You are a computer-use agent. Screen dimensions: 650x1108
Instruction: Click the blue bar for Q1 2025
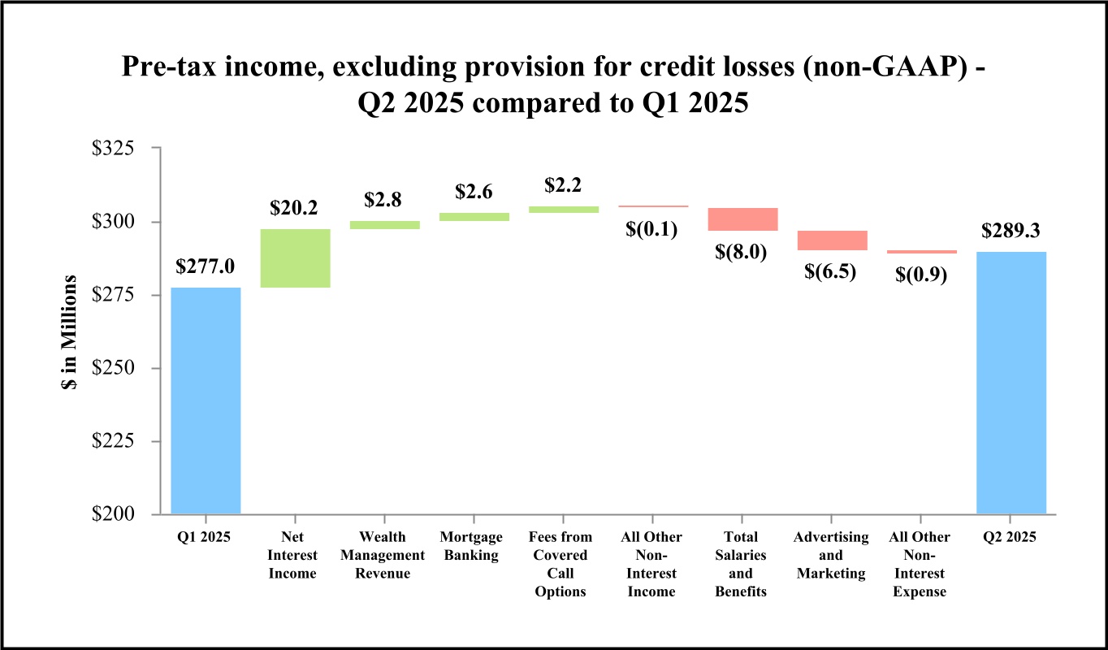[x=206, y=400]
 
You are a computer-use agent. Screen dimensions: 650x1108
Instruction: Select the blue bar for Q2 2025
[x=1011, y=382]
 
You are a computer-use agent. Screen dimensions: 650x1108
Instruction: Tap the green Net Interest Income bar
[x=295, y=258]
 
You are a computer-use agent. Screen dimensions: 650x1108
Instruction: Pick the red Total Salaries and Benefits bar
[x=742, y=219]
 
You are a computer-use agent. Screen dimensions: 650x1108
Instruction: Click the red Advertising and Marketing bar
[x=832, y=240]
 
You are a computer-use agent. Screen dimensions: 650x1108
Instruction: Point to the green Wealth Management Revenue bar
[x=384, y=225]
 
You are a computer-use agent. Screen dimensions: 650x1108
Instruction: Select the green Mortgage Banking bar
[x=474, y=217]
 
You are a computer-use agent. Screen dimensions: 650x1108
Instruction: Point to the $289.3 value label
[x=1011, y=232]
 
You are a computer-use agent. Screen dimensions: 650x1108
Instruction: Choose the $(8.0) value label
[x=742, y=252]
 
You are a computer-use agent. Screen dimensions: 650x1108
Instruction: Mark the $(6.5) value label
[x=831, y=271]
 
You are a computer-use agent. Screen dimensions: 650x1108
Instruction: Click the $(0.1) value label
[x=652, y=229]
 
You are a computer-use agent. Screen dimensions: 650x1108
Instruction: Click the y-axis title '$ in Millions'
[x=69, y=331]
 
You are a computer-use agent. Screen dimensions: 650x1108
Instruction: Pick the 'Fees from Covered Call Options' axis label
[x=560, y=564]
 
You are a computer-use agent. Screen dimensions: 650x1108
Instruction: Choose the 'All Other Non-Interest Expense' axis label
[x=920, y=564]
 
